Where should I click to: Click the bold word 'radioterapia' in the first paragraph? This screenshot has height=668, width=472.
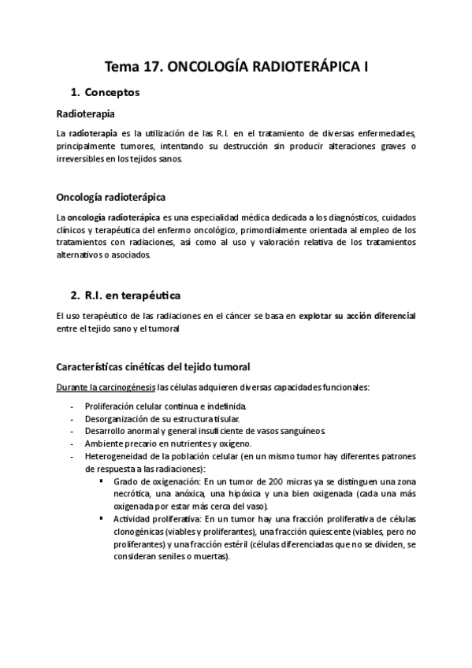[95, 133]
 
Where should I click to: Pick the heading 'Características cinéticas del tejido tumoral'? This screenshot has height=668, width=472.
[154, 366]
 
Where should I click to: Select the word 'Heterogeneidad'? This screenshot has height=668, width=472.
[114, 457]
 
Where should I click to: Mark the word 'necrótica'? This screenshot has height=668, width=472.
[132, 494]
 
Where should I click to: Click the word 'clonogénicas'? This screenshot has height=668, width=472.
[139, 532]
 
